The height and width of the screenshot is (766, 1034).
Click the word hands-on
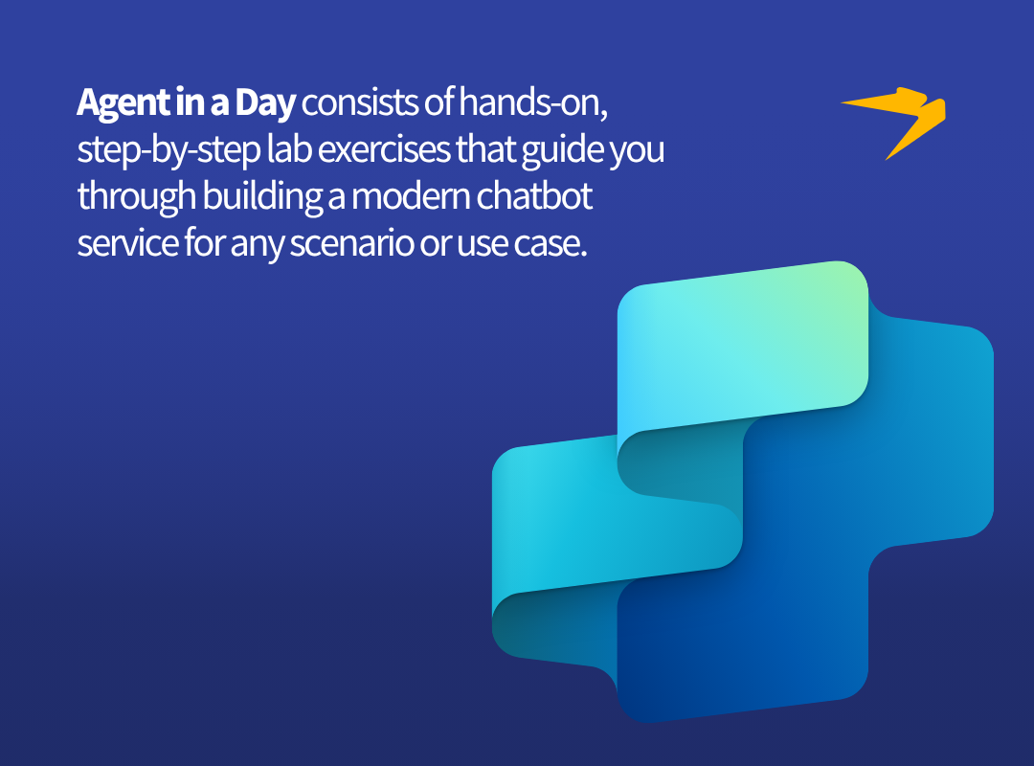[x=533, y=102]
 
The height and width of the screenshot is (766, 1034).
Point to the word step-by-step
[x=169, y=149]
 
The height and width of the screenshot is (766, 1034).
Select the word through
[x=137, y=196]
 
